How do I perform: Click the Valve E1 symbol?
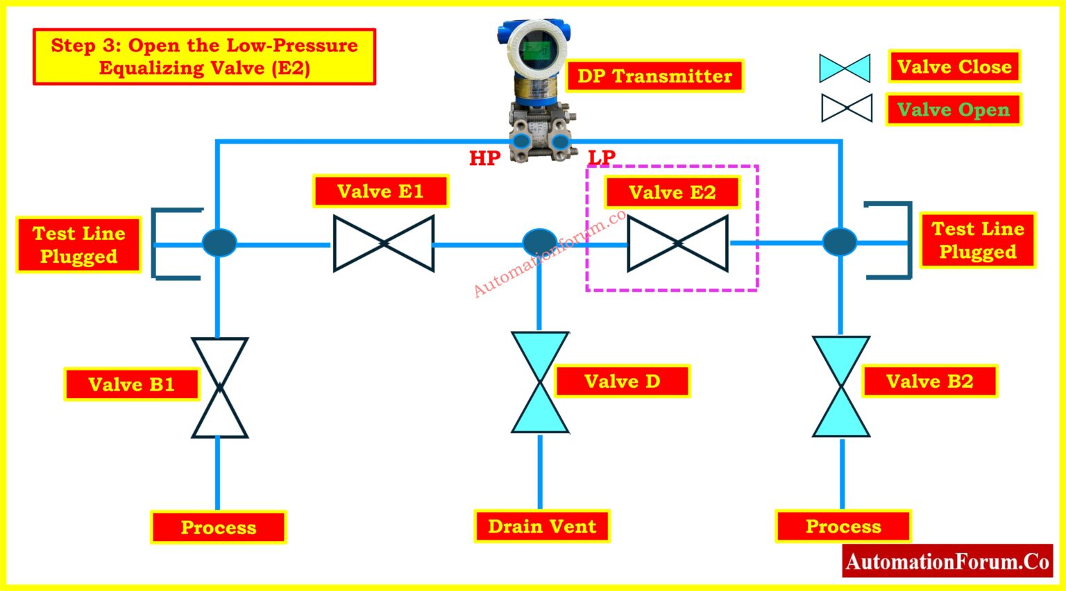coord(384,243)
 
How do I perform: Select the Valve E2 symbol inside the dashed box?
coord(677,243)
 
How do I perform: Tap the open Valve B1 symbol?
coord(219,388)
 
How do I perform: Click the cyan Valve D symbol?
coord(540,382)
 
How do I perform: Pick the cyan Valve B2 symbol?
coord(841,386)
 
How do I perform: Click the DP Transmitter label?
coord(654,76)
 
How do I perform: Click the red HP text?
coord(484,158)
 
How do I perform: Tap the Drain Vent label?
coord(542,526)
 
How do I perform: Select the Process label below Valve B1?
coord(219,527)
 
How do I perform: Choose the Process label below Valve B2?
coord(843,526)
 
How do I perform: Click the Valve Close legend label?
coord(954,67)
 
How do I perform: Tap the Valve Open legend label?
coord(954,110)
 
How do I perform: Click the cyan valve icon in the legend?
coord(845,68)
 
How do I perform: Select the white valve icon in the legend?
coord(847,108)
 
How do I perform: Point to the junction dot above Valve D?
coord(539,242)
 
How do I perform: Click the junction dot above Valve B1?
coord(219,243)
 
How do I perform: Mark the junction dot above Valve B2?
coord(840,242)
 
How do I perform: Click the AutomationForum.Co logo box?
coord(947,561)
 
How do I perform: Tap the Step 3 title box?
coord(205,57)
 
